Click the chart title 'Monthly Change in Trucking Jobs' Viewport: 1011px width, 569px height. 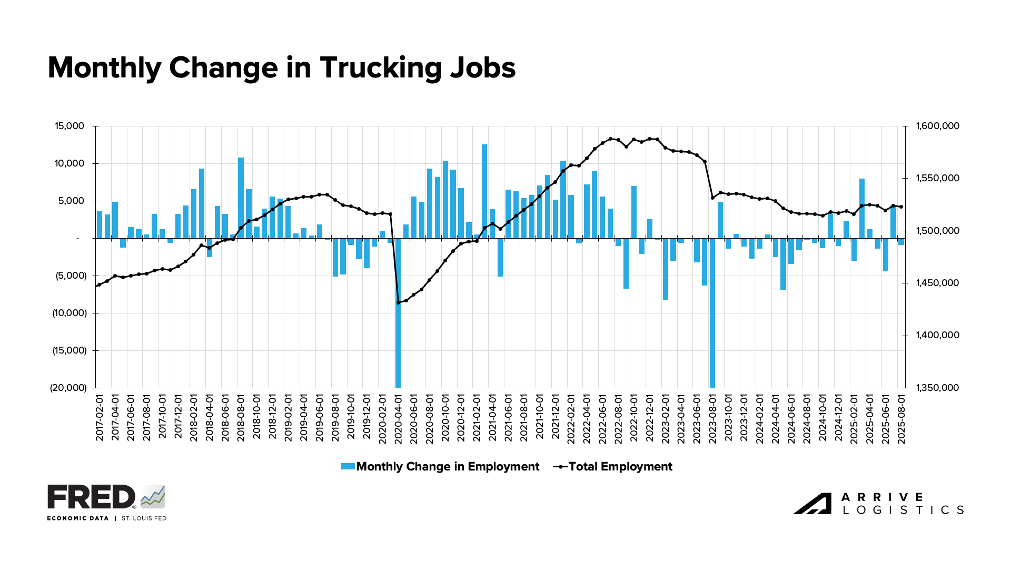282,68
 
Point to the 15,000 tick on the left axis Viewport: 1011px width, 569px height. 69,126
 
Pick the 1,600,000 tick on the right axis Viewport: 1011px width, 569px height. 938,126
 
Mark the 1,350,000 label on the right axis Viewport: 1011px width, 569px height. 938,388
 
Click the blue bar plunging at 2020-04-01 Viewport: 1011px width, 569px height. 398,316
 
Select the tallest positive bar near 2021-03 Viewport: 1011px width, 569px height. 484,190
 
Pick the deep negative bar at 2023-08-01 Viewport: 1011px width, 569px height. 712,316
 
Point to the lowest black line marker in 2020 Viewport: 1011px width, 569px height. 398,302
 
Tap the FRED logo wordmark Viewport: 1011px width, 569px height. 92,497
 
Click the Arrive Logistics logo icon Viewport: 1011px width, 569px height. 812,503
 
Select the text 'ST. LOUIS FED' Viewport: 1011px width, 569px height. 144,518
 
